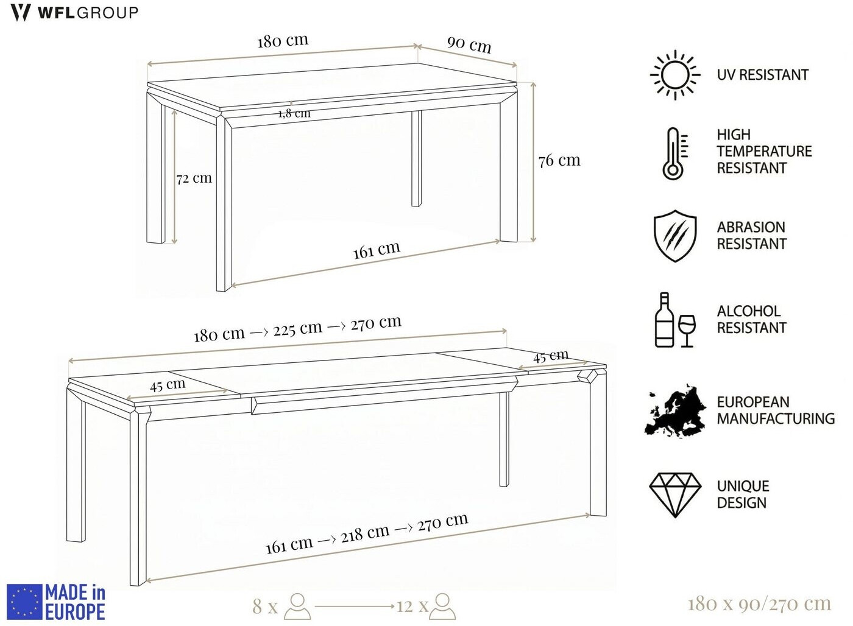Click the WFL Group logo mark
pyautogui.click(x=20, y=13)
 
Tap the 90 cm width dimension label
pyautogui.click(x=469, y=44)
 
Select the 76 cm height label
pyautogui.click(x=559, y=161)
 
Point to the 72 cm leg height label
pyautogui.click(x=194, y=178)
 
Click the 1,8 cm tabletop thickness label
pyautogui.click(x=294, y=113)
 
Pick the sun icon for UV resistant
pyautogui.click(x=675, y=75)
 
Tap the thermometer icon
pyautogui.click(x=675, y=153)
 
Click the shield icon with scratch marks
pyautogui.click(x=675, y=236)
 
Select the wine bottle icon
pyautogui.click(x=664, y=320)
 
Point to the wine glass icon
pyautogui.click(x=687, y=330)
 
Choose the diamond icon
pyautogui.click(x=675, y=495)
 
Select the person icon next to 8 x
pyautogui.click(x=297, y=607)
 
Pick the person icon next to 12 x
pyautogui.click(x=442, y=607)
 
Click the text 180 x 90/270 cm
pyautogui.click(x=760, y=604)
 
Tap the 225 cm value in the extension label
pyautogui.click(x=298, y=329)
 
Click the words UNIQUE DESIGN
pyautogui.click(x=743, y=494)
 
